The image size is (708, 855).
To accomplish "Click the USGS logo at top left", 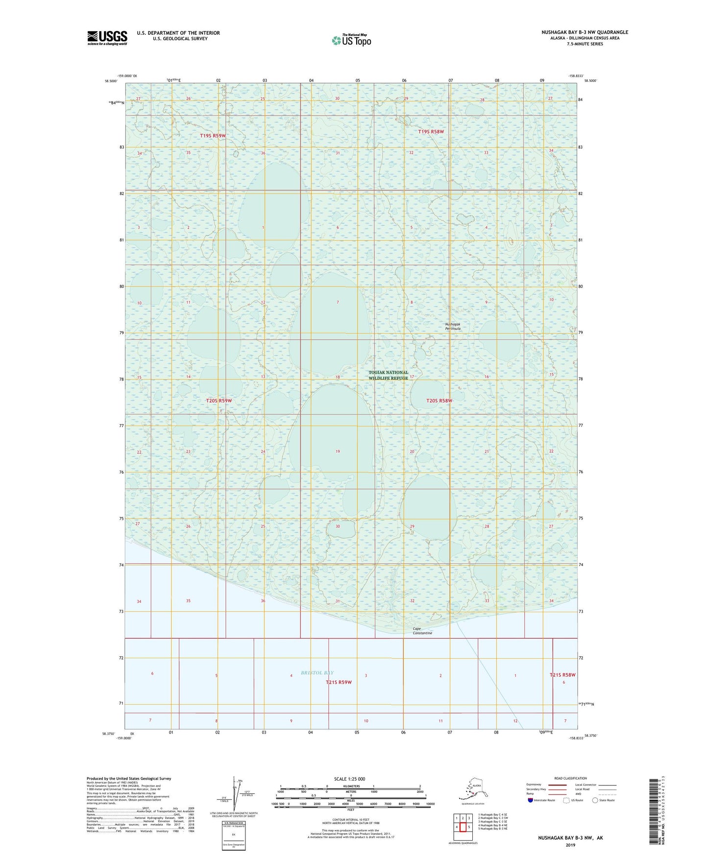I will pos(107,38).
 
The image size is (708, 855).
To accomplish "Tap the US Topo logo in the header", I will pos(351,40).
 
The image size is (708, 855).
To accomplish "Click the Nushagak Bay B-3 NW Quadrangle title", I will pos(585,32).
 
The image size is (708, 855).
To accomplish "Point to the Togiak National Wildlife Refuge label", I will pos(388,375).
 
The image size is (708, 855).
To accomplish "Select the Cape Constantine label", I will pos(422,631).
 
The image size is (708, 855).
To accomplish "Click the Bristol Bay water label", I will pos(317,672).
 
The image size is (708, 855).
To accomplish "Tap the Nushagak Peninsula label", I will pos(453,326).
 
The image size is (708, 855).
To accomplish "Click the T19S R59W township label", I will pos(213,136).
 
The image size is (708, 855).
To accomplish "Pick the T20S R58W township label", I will pos(439,401).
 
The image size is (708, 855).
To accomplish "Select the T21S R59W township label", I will pos(339,682).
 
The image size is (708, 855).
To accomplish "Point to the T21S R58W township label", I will pos(562,675).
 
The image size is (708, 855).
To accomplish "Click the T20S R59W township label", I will pos(219,401).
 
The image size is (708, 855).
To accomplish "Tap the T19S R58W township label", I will pos(431,131).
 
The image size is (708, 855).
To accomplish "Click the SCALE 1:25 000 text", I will pos(349,779).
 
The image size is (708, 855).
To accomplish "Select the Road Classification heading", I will pos(570,778).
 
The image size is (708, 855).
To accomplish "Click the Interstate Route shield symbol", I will pos(531,801).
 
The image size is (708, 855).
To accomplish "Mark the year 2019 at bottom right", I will pos(570,845).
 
